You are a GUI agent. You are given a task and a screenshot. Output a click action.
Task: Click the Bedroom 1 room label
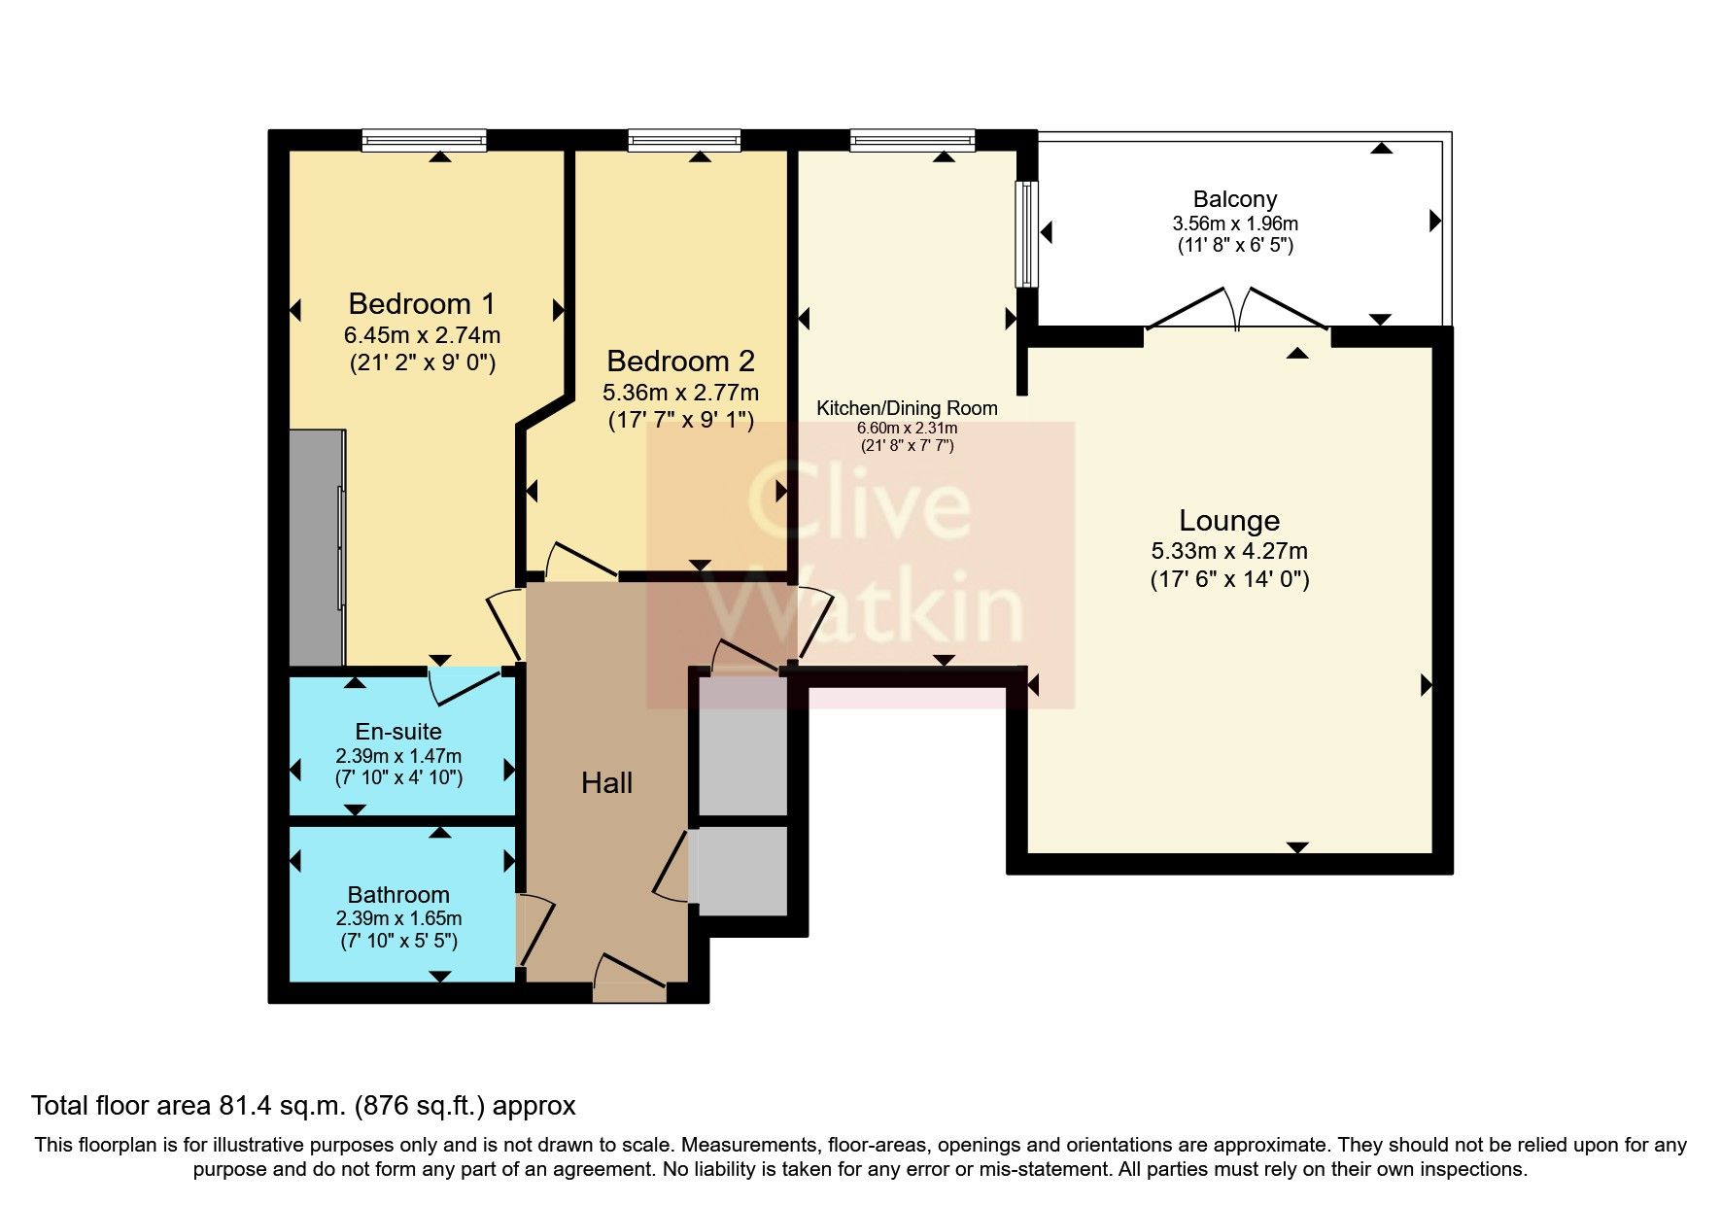422,304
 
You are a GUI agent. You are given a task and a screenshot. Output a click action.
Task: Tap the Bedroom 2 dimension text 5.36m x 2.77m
680,393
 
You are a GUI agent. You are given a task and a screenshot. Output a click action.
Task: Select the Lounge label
1228,521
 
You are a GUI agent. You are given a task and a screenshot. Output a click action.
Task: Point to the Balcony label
1234,199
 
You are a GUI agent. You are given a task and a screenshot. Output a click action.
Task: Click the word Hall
606,782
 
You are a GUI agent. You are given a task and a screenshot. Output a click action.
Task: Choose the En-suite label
398,732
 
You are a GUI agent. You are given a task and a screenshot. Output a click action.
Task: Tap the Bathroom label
398,894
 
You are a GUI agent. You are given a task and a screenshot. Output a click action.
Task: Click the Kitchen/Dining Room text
907,408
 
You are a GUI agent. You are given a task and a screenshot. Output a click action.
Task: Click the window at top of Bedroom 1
424,142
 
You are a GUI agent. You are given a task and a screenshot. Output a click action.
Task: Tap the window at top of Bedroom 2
684,142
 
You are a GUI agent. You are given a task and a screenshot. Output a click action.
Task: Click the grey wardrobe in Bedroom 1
317,547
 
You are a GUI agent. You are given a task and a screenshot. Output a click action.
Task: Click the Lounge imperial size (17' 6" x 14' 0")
1229,580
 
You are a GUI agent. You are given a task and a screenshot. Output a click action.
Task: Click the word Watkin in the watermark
865,607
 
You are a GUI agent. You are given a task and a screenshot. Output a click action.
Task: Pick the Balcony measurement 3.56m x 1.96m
1234,223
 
